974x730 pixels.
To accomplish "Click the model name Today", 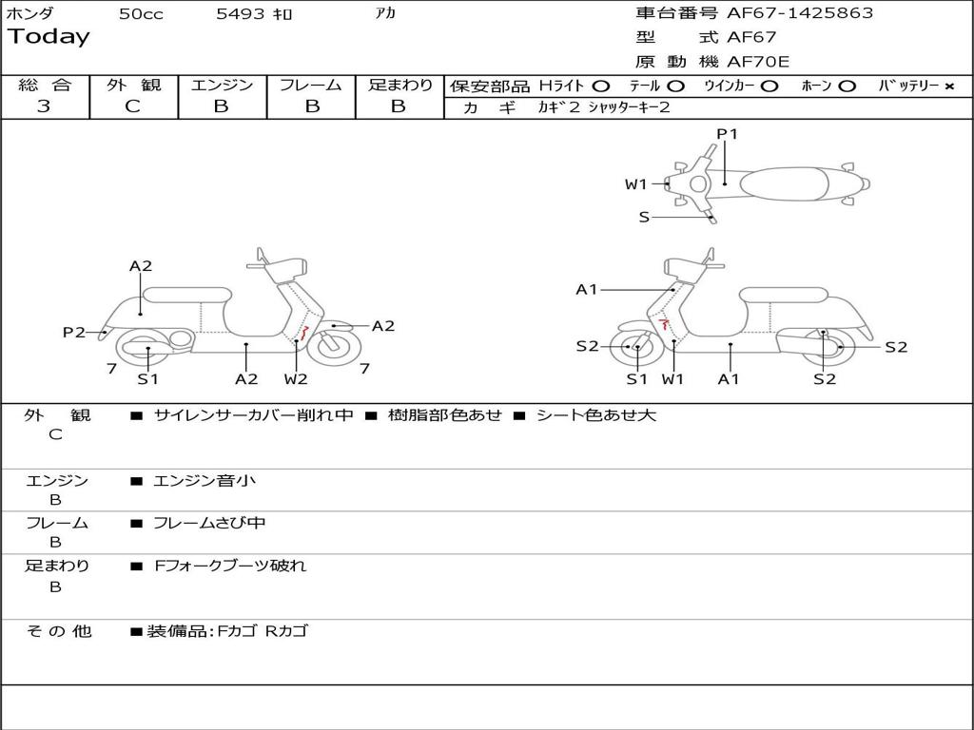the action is [x=49, y=37].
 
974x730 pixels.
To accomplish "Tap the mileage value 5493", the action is [x=242, y=14].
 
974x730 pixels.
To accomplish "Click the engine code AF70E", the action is [x=758, y=63].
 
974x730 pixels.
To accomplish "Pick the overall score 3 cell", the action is [x=44, y=106].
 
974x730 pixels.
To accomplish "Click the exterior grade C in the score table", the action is [x=132, y=106].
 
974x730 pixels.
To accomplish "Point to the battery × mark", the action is [x=949, y=86].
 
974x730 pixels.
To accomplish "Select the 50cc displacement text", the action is [x=141, y=14].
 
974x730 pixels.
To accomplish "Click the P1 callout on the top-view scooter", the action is [x=727, y=134].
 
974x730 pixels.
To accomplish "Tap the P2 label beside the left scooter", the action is [x=74, y=332].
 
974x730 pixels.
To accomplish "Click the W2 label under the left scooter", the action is [x=296, y=379].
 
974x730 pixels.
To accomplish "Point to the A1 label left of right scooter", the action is [x=587, y=290].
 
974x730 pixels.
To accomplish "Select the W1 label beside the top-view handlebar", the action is [x=635, y=184].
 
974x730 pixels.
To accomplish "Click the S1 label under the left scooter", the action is [x=147, y=379].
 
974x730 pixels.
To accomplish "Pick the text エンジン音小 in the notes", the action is [x=205, y=481].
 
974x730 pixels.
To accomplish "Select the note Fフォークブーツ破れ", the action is [x=230, y=566].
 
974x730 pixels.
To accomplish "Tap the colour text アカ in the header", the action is [x=385, y=14].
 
